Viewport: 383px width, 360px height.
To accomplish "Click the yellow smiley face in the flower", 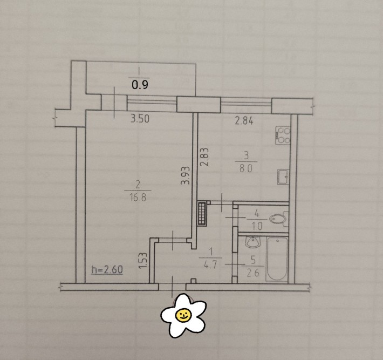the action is tap(183, 315).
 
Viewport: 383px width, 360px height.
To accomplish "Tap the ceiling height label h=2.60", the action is tap(107, 269).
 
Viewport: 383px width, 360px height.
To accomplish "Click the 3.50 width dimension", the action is tap(140, 119).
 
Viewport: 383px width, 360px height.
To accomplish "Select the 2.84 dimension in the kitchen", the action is tap(244, 121).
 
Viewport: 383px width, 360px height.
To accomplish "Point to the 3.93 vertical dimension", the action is tap(186, 175).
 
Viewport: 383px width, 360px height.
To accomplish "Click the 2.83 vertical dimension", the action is tap(204, 157).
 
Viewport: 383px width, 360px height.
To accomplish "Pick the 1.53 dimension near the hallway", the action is tap(143, 261).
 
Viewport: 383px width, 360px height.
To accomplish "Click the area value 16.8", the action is tap(138, 197).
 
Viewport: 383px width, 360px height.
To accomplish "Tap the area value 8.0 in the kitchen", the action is tap(246, 168).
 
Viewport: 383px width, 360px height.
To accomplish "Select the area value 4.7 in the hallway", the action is tap(210, 265).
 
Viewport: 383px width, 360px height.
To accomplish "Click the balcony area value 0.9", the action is tap(140, 85).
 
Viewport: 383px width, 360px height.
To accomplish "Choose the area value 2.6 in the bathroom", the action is tap(253, 273).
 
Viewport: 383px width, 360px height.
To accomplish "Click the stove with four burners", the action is tap(283, 135).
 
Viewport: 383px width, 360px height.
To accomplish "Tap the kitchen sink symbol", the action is tap(283, 176).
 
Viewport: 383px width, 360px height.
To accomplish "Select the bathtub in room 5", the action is tap(277, 259).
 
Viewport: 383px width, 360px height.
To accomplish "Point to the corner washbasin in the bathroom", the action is tap(254, 242).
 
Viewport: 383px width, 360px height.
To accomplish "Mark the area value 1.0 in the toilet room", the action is tap(257, 226).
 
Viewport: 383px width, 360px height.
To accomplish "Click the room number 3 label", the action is tap(246, 155).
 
